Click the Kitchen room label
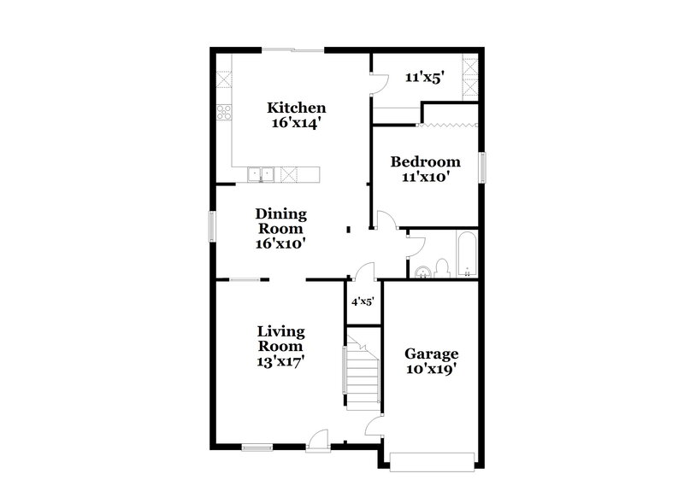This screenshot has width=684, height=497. (297, 108)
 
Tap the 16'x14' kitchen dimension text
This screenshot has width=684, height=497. (297, 122)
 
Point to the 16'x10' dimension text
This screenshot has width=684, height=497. (281, 243)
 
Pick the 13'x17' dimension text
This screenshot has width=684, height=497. (281, 360)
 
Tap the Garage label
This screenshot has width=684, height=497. (432, 354)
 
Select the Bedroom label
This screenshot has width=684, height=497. (425, 161)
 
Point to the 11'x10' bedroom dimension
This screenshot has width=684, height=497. (425, 177)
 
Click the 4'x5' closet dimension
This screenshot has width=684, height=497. (363, 301)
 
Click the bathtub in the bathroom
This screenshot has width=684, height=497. (467, 255)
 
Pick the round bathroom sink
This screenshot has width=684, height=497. (422, 272)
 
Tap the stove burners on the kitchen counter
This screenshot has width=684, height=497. (224, 112)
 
